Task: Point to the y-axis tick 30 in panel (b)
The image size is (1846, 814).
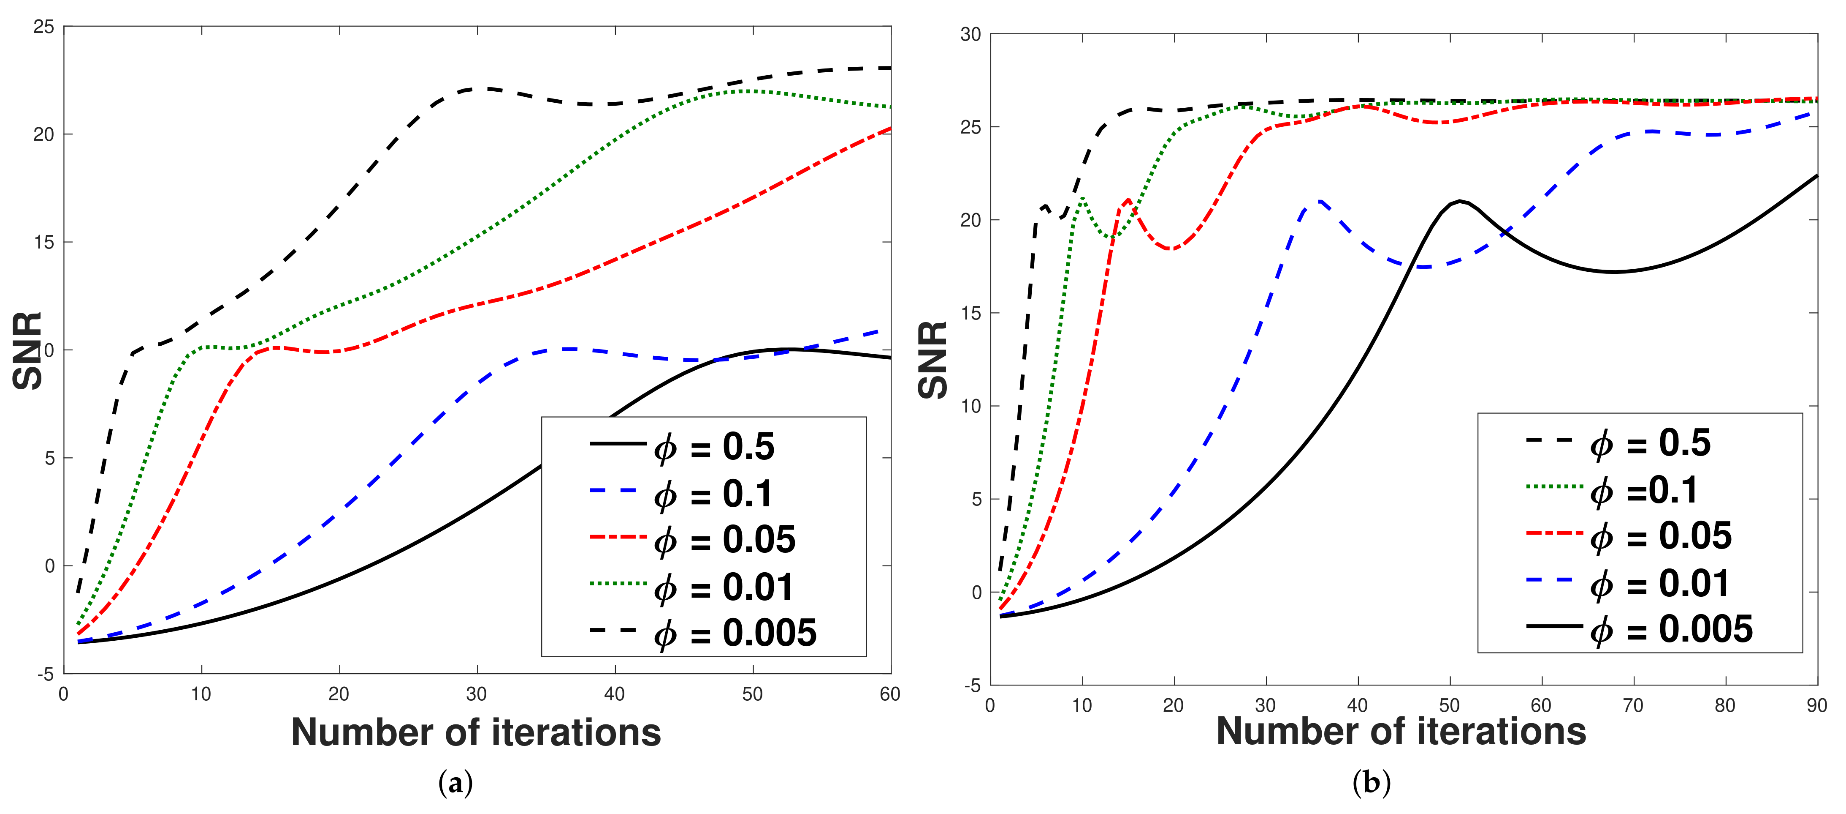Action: click(970, 34)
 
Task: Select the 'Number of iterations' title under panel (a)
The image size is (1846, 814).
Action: click(476, 732)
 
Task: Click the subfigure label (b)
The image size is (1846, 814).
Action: click(1371, 782)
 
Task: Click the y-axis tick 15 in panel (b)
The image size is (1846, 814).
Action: click(970, 314)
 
